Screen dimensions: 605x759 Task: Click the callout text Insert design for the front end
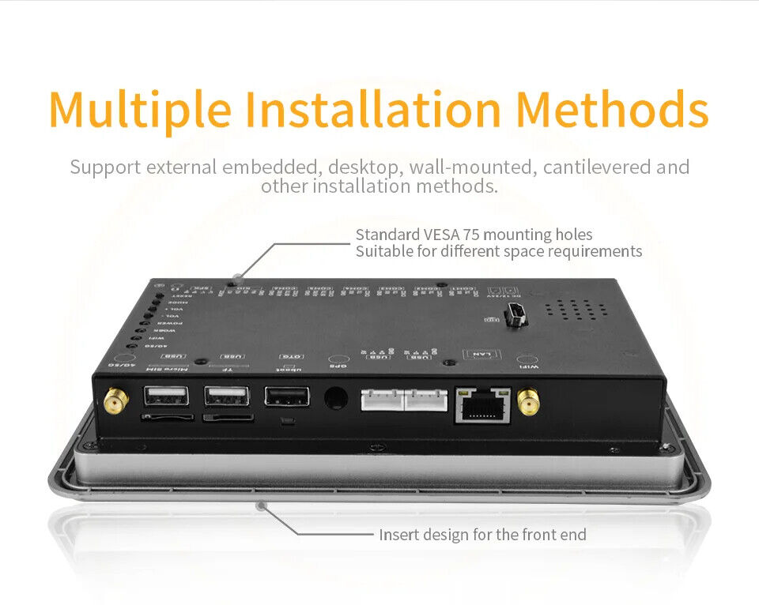tap(482, 535)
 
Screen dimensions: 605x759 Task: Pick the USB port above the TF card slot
tap(226, 396)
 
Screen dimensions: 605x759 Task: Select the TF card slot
tap(228, 417)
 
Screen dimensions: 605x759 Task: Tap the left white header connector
tap(382, 400)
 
